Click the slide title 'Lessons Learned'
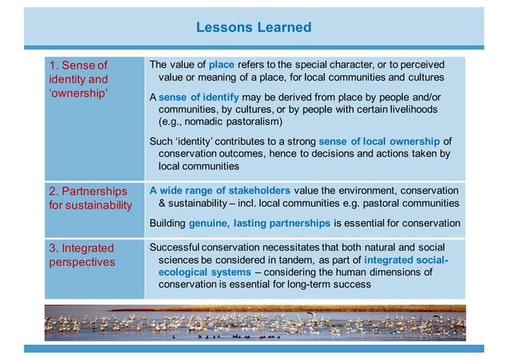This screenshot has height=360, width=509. (x=254, y=28)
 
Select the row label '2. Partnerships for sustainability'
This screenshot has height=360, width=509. (x=89, y=199)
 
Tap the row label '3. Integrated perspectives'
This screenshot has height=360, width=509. (x=80, y=255)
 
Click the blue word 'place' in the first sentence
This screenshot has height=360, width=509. (x=221, y=64)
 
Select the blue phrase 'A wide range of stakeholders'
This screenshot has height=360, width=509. (x=221, y=190)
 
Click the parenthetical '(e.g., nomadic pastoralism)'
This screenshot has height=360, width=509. (x=221, y=121)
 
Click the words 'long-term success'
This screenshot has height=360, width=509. (x=326, y=284)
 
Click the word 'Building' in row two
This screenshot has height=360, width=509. (x=169, y=223)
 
